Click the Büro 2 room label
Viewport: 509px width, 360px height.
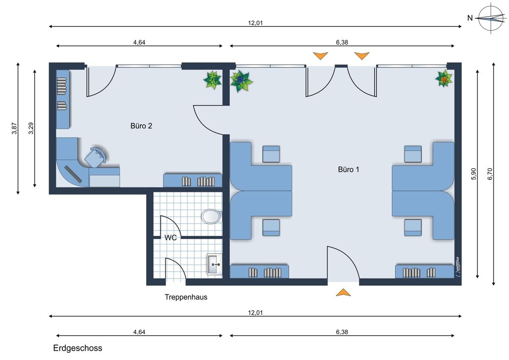click(x=141, y=126)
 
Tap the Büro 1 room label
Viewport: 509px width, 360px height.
click(x=349, y=169)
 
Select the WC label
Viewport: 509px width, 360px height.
click(x=171, y=238)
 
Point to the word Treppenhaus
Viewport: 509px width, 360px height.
click(x=186, y=297)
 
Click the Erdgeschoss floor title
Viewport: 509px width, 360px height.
click(x=78, y=348)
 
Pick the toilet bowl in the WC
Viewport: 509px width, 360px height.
click(x=211, y=216)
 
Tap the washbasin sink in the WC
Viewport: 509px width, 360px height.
click(x=214, y=264)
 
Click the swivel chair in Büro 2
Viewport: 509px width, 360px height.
click(x=95, y=157)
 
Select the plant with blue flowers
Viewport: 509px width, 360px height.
click(x=241, y=81)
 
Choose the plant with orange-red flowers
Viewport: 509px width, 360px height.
click(x=443, y=79)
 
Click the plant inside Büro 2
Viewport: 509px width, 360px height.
click(x=213, y=80)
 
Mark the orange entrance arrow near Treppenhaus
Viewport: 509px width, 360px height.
click(x=343, y=292)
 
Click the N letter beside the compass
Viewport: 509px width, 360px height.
click(x=470, y=18)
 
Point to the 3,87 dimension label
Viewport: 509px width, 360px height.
click(x=14, y=129)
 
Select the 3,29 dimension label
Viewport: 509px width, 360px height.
click(x=31, y=129)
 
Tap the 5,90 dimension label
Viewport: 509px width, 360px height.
click(x=473, y=174)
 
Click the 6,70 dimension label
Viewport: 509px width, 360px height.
click(x=490, y=174)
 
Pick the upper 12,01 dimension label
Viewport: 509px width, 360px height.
click(x=255, y=23)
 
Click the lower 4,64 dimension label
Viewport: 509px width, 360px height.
click(x=139, y=332)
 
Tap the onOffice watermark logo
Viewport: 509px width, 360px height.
click(x=457, y=267)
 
